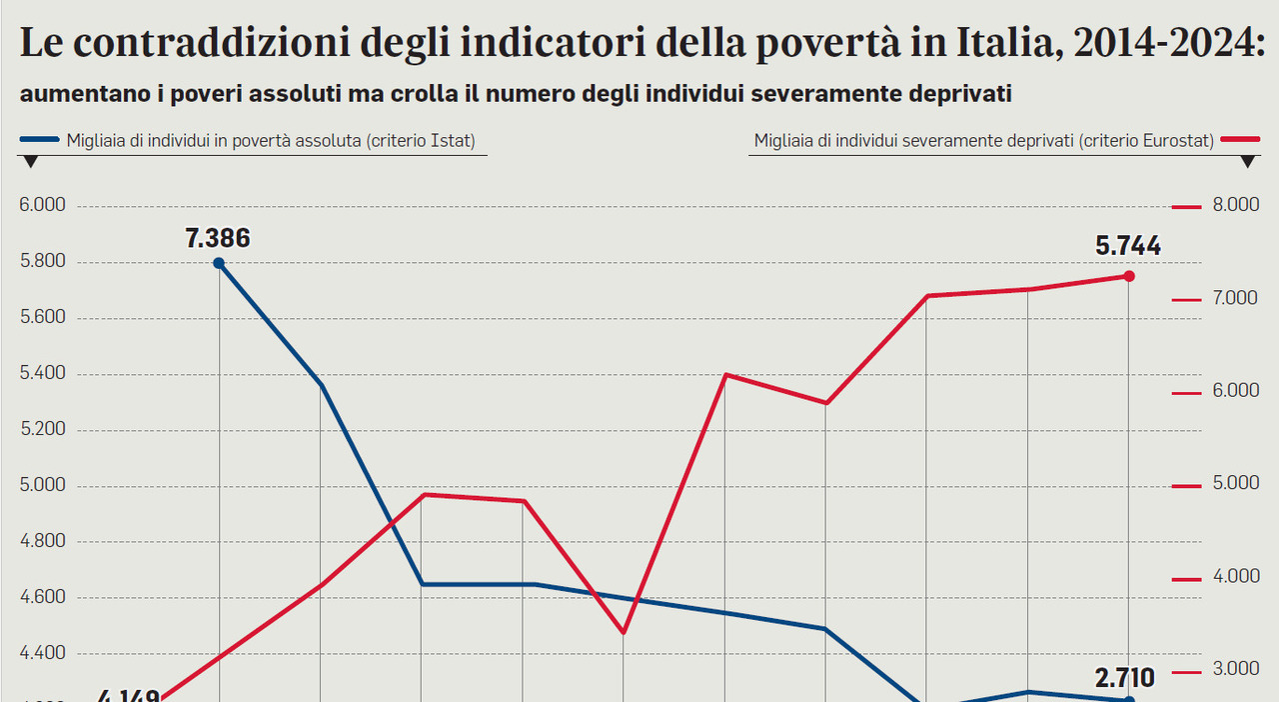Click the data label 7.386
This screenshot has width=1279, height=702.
pos(218,238)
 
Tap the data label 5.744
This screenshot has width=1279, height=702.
pos(1128,246)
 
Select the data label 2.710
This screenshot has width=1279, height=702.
pos(1125,678)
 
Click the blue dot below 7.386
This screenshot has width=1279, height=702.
pos(219,263)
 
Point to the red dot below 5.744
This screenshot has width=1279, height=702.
pos(1129,276)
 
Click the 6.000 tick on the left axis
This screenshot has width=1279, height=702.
pos(42,206)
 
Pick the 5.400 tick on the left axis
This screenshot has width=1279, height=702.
pos(42,374)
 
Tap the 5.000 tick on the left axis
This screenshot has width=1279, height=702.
pos(42,486)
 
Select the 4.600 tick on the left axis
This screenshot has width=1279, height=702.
pos(42,598)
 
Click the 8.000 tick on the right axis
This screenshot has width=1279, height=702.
pos(1236,206)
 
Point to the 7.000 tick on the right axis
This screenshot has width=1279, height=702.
pos(1236,299)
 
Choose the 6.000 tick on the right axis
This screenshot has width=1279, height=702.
pos(1236,392)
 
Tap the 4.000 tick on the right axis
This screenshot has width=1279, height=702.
pos(1236,577)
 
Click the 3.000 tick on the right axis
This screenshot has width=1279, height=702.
pos(1236,670)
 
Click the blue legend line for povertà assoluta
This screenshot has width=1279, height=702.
pos(39,141)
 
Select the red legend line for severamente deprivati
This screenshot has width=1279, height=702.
pos(1239,141)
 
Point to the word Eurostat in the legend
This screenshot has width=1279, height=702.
pos(1175,142)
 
